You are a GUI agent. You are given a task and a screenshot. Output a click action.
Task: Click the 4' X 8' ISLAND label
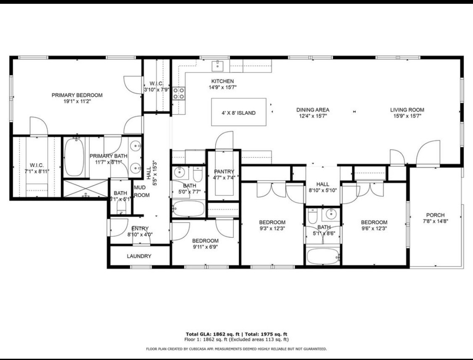pos(238,113)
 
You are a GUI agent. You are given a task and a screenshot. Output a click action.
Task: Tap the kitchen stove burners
pos(178,93)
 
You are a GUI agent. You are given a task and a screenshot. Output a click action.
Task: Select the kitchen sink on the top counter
pos(218,65)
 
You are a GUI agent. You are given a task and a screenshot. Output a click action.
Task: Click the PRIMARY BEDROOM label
pos(77,95)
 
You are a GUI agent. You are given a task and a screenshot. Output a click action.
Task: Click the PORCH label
pos(435,215)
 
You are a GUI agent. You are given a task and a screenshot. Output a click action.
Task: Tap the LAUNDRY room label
pos(139,256)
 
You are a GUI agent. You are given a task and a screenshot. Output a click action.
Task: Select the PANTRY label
pos(224,172)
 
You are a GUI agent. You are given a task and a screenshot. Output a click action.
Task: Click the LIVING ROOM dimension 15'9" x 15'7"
pos(407,116)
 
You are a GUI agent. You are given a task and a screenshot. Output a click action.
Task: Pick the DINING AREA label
pos(312,110)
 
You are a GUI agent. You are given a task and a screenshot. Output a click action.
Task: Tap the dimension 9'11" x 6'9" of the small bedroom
pos(205,247)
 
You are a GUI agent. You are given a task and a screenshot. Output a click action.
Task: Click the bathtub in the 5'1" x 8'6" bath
pos(323,256)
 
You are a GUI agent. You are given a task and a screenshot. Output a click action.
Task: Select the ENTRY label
pos(140,228)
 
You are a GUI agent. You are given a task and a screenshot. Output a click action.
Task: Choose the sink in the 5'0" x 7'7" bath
pos(180,172)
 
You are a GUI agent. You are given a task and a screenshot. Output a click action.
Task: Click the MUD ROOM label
pos(141,191)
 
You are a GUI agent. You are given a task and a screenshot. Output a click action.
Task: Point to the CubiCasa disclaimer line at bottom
pos(236,349)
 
